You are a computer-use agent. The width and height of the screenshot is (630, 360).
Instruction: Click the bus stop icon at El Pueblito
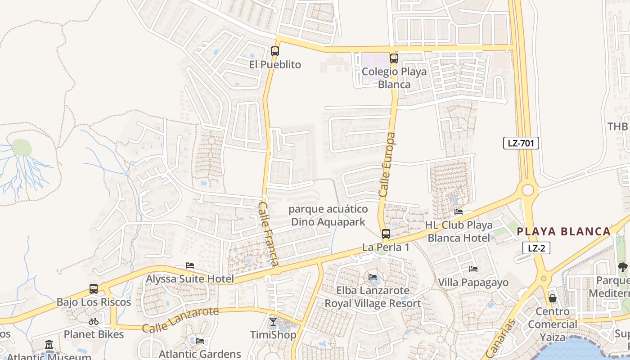tap(274, 51)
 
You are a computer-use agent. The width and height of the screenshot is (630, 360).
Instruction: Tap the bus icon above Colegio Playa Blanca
tap(394, 58)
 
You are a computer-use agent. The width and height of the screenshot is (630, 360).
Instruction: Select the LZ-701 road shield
tap(521, 144)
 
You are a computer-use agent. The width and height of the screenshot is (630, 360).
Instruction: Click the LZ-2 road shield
tap(536, 248)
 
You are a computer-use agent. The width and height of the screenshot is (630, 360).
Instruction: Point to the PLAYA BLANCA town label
tap(563, 232)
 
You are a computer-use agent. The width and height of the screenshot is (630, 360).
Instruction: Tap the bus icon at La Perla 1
tap(386, 234)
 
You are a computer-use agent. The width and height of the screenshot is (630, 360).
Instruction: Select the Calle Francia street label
tap(270, 234)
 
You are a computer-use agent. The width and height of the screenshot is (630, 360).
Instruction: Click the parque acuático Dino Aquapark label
tap(328, 216)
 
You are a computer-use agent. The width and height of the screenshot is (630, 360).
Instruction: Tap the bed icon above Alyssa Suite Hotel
tap(190, 266)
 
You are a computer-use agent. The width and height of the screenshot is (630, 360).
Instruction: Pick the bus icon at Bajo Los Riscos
tap(94, 289)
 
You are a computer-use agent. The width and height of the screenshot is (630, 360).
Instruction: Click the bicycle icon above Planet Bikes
tap(94, 321)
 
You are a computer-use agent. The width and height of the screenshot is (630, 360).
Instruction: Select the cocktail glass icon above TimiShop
tap(273, 321)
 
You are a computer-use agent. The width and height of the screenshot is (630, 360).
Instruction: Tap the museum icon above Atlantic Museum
tap(49, 345)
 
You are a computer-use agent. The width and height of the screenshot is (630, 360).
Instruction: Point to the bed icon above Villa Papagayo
tap(473, 269)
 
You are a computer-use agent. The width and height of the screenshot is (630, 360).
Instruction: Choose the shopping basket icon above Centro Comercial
tap(553, 298)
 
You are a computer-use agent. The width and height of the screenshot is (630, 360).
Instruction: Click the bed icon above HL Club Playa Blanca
tap(459, 211)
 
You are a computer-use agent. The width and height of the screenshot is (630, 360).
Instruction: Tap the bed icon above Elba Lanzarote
tap(373, 277)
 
